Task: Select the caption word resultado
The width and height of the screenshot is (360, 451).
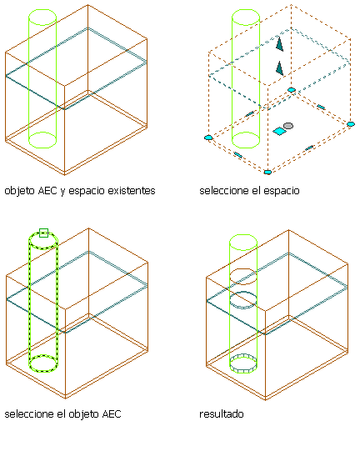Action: (222, 414)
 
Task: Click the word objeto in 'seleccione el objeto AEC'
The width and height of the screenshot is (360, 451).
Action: (84, 414)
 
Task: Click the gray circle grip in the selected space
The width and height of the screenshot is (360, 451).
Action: (288, 126)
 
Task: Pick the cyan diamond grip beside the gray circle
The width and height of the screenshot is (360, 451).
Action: (279, 132)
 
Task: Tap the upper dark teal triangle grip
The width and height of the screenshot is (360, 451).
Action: (279, 43)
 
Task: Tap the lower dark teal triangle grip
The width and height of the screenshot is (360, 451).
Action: (279, 68)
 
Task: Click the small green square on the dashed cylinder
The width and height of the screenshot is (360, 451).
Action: (43, 233)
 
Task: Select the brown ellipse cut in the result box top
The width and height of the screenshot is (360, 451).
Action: (243, 276)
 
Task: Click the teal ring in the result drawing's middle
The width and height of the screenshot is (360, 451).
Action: (243, 300)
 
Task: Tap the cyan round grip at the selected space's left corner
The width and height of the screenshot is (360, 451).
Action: (208, 138)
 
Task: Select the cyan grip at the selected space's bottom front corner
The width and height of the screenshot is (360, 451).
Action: (267, 172)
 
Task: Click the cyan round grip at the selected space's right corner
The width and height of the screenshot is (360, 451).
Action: (351, 124)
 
